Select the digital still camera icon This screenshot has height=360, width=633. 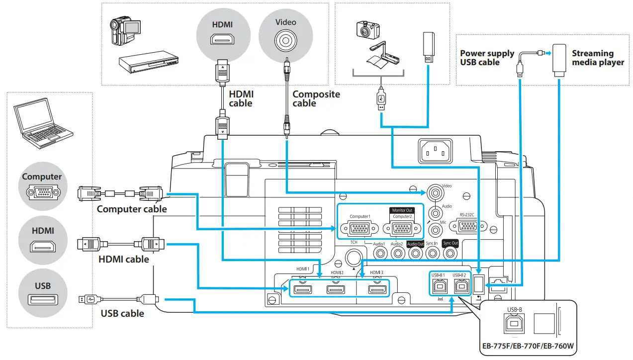(x=368, y=30)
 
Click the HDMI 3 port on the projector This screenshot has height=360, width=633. (x=376, y=289)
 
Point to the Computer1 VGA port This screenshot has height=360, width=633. (x=360, y=229)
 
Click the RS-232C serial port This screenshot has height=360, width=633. (x=467, y=226)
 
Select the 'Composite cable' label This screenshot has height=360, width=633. (x=316, y=98)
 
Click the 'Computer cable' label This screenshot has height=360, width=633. (x=132, y=209)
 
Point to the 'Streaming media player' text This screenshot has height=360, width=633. (x=597, y=58)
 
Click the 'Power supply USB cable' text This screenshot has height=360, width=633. (x=487, y=58)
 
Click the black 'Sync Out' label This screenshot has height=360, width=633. (x=451, y=243)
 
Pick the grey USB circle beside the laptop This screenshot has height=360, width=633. (x=42, y=295)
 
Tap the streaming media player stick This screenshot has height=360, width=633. (x=559, y=59)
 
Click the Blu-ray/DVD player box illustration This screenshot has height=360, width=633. (x=147, y=63)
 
